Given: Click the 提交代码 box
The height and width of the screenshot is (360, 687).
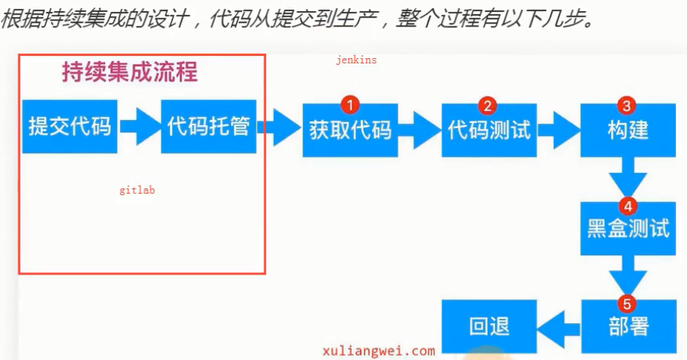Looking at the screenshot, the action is pyautogui.click(x=70, y=127).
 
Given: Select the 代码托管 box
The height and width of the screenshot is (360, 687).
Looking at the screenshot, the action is pyautogui.click(x=208, y=127).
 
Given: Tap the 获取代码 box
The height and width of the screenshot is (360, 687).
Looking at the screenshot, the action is pyautogui.click(x=350, y=130).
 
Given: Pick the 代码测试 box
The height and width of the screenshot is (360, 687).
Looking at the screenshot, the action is pyautogui.click(x=489, y=130).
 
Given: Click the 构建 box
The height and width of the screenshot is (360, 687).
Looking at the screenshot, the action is pyautogui.click(x=628, y=130).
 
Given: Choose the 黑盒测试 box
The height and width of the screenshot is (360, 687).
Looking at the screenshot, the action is pyautogui.click(x=628, y=228).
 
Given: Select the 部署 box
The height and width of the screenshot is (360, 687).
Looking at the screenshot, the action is pyautogui.click(x=628, y=326).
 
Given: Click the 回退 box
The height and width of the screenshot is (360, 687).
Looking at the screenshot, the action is pyautogui.click(x=489, y=326).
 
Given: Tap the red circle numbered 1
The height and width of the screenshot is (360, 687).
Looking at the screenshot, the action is pyautogui.click(x=350, y=105).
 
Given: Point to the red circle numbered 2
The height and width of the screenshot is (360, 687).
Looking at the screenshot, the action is pyautogui.click(x=487, y=105).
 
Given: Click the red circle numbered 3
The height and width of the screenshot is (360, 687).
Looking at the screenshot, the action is pyautogui.click(x=627, y=105).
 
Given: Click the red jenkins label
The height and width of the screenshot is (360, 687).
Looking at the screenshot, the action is pyautogui.click(x=356, y=60).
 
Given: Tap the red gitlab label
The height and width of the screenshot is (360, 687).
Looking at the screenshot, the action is pyautogui.click(x=137, y=190).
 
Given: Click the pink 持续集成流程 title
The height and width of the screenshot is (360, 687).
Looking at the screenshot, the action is pyautogui.click(x=130, y=73).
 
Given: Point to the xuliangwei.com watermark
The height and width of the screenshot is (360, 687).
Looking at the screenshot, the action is pyautogui.click(x=378, y=351).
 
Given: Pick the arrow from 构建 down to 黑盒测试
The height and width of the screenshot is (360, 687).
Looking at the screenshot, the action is pyautogui.click(x=628, y=179).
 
